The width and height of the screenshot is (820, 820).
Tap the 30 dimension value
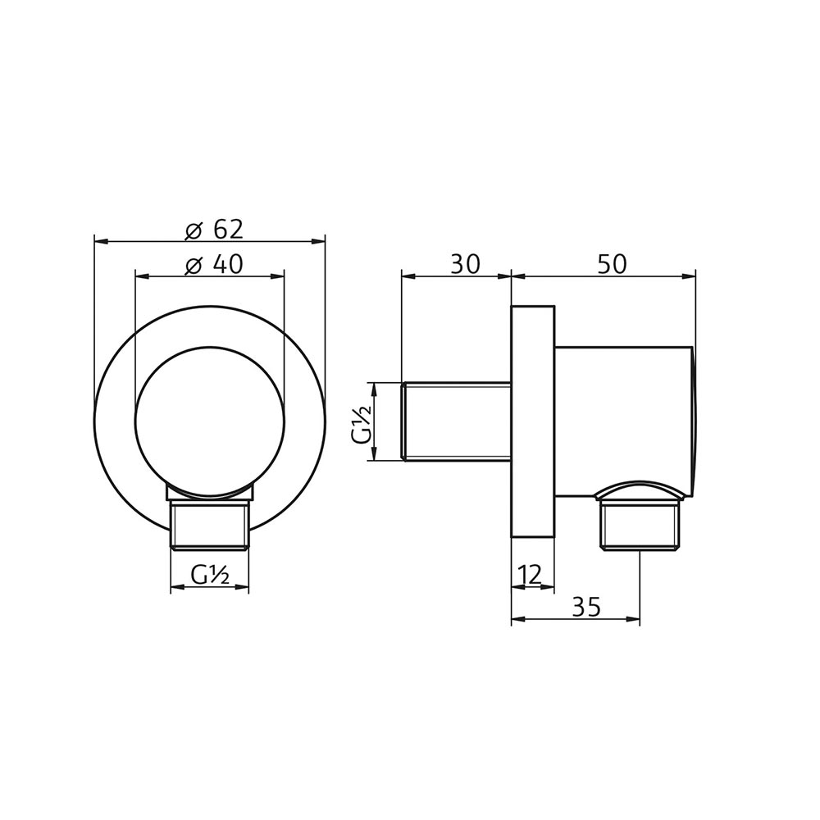(x=464, y=264)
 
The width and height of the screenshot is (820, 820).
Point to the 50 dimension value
(x=611, y=264)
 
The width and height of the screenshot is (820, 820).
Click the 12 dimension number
(x=531, y=575)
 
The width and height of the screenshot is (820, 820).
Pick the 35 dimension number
(x=585, y=607)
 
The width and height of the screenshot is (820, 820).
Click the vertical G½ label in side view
(x=362, y=422)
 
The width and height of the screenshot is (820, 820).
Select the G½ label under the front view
(x=209, y=576)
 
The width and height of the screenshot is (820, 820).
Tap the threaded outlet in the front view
(x=209, y=527)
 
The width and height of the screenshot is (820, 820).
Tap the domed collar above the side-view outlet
(x=640, y=490)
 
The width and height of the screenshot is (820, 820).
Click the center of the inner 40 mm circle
(x=209, y=422)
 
